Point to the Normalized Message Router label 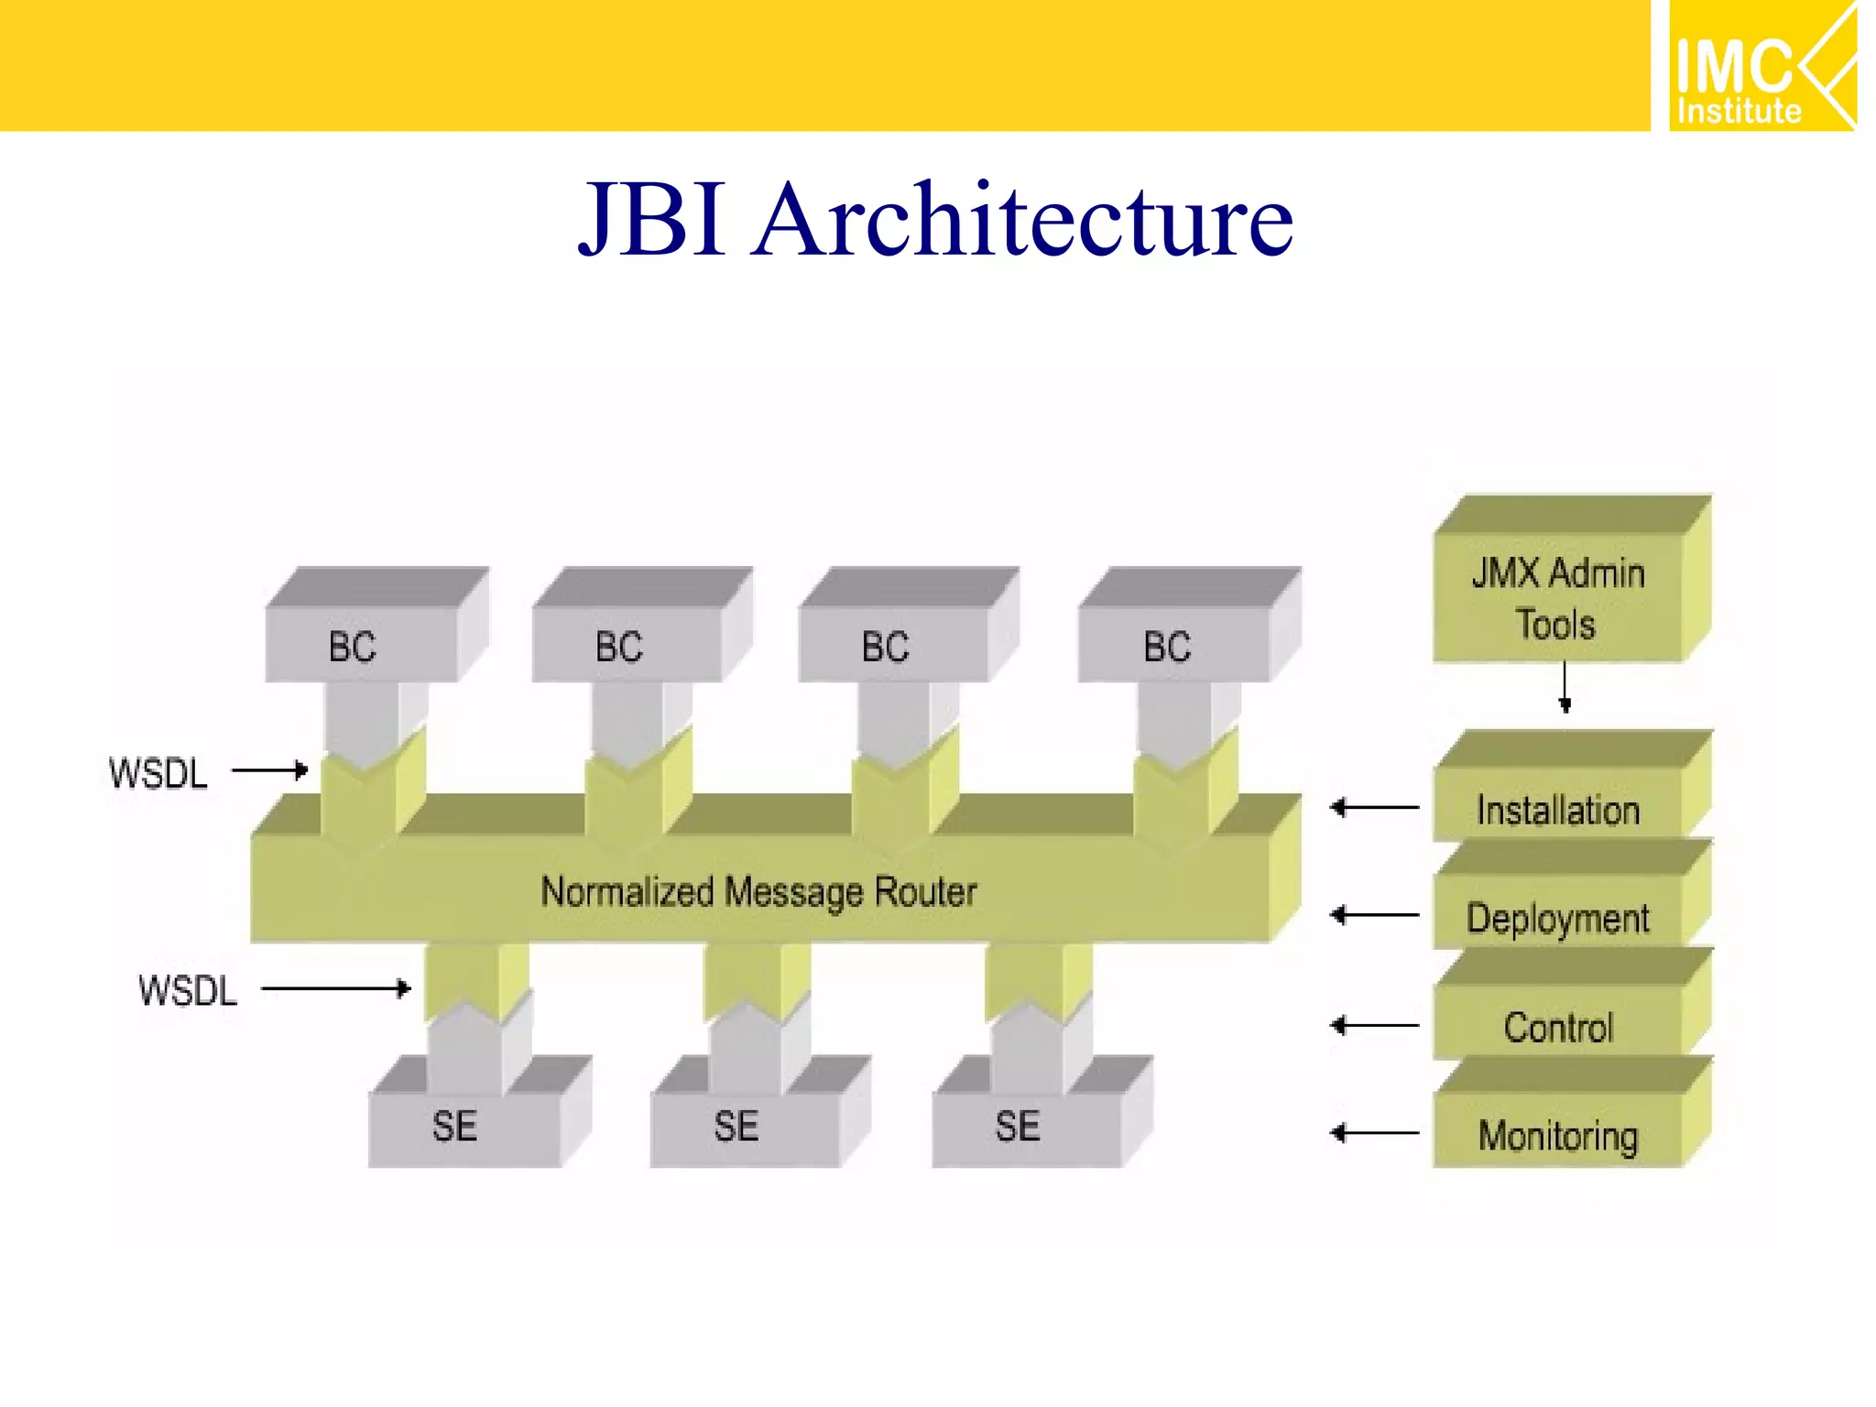click(758, 891)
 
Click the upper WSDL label click(158, 774)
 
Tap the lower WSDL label click(188, 991)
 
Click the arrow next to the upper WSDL click(270, 770)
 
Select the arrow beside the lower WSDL click(336, 988)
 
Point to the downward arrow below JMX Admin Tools click(1565, 688)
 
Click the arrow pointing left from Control click(1374, 1025)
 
